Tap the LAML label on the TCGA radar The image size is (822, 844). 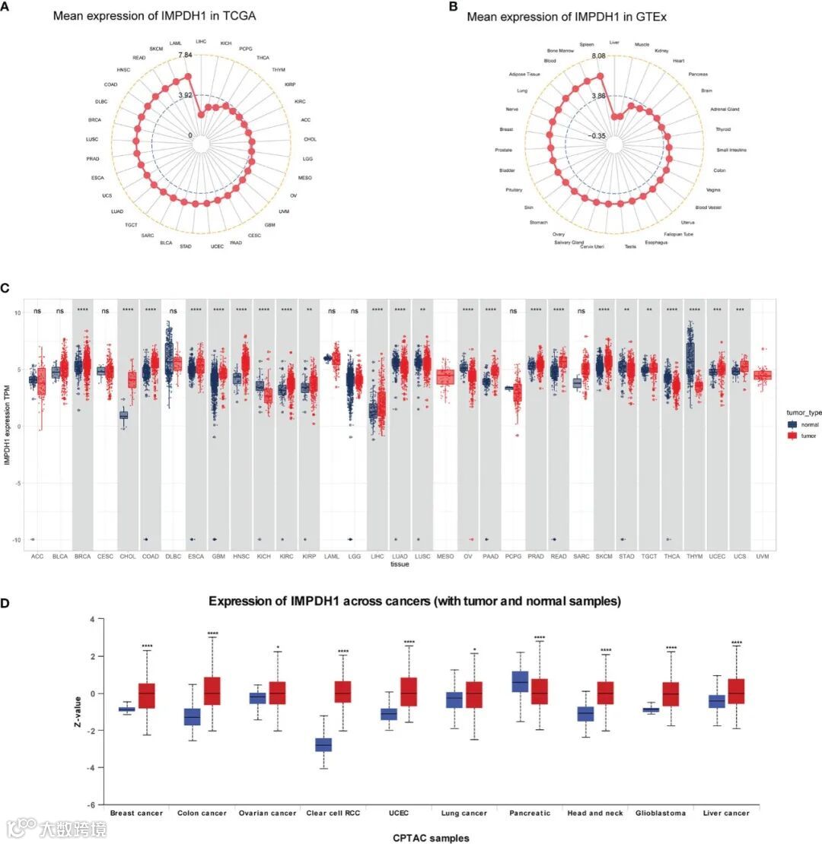tap(176, 43)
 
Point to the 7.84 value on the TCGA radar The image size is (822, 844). tap(185, 56)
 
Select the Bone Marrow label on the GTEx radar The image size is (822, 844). tap(557, 51)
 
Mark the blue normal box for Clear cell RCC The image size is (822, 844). tap(323, 744)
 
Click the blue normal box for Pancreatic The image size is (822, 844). tap(521, 681)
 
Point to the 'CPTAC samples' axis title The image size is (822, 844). tap(431, 838)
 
